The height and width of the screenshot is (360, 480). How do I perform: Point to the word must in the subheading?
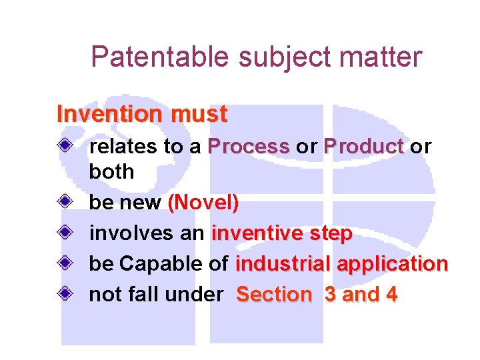(x=199, y=114)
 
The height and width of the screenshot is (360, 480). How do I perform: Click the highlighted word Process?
(x=249, y=147)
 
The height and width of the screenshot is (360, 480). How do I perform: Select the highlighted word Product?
(x=364, y=147)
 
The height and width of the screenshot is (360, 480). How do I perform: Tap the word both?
(x=111, y=171)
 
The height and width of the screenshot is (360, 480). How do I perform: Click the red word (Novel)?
(x=203, y=203)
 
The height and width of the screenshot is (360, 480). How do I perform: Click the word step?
(x=331, y=234)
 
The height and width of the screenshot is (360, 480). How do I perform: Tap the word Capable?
(x=161, y=264)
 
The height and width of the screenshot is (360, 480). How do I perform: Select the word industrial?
(x=283, y=264)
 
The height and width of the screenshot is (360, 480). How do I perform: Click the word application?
(x=392, y=264)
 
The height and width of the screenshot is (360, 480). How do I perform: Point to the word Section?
(x=274, y=294)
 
